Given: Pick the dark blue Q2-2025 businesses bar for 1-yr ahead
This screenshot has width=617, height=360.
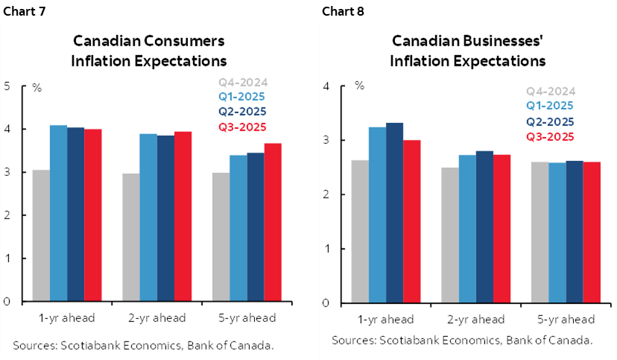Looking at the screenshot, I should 396,212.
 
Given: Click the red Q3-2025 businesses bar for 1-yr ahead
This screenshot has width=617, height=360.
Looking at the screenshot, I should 413,221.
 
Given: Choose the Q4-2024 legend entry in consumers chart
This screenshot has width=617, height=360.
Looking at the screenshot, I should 242,83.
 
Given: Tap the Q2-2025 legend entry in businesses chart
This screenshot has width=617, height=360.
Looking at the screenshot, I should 550,121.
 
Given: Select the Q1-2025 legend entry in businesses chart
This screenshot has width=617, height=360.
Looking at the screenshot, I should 550,107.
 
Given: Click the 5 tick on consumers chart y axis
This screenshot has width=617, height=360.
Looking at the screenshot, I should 7,86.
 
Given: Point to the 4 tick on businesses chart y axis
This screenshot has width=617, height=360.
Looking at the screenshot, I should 325,86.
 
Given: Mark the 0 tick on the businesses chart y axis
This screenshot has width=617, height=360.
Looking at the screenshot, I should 325,303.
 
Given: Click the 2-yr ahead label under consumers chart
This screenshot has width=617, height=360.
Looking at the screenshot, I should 157,318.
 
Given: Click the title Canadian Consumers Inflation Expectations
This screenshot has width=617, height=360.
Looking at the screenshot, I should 148,51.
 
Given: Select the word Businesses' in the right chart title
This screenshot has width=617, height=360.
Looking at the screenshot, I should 494,40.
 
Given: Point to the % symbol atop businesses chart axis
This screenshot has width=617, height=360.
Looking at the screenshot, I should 359,86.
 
